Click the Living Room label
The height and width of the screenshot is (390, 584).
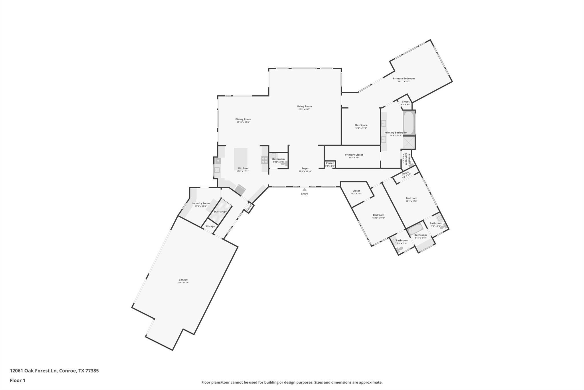[304, 106]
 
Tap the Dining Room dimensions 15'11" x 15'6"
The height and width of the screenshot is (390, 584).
[243, 122]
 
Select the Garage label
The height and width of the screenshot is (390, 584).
[183, 280]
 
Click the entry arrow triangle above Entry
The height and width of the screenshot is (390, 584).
[305, 189]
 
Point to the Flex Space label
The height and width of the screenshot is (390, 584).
[361, 125]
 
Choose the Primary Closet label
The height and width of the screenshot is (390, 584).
[354, 155]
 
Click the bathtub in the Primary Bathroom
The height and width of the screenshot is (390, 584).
[409, 123]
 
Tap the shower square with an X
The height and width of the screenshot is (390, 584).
[409, 143]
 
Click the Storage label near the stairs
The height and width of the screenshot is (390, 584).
[210, 226]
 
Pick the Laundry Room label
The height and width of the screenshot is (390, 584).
[201, 203]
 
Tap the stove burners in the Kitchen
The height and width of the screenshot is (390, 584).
[265, 160]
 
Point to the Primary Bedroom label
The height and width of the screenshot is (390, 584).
[404, 79]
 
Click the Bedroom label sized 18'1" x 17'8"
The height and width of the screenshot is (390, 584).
[411, 198]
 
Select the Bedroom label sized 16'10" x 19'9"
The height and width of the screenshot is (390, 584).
[379, 215]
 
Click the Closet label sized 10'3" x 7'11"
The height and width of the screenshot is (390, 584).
[356, 191]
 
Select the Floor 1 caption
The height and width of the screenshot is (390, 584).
[17, 381]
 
